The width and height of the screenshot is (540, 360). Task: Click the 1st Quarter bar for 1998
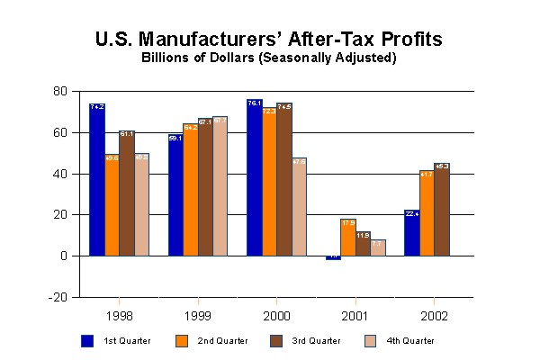96,180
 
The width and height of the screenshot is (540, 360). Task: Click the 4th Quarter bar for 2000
299,207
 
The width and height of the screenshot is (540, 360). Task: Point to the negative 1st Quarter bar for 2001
333,257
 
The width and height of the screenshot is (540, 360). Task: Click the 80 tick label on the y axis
60,91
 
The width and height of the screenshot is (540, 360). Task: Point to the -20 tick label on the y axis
58,297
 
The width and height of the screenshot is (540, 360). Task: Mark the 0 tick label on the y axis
64,256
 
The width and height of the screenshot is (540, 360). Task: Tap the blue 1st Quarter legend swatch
87,340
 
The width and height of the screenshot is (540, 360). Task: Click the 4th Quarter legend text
411,341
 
